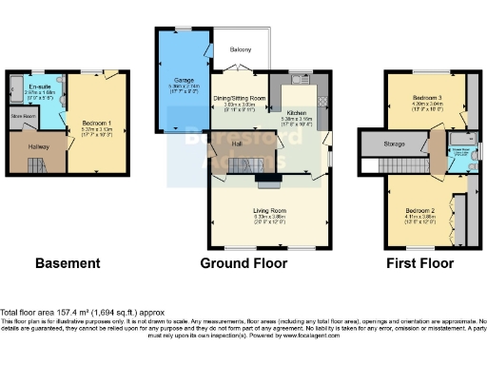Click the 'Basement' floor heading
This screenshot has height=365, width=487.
click(68, 263)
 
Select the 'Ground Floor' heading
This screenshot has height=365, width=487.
click(243, 263)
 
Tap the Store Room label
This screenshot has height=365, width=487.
click(22, 117)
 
